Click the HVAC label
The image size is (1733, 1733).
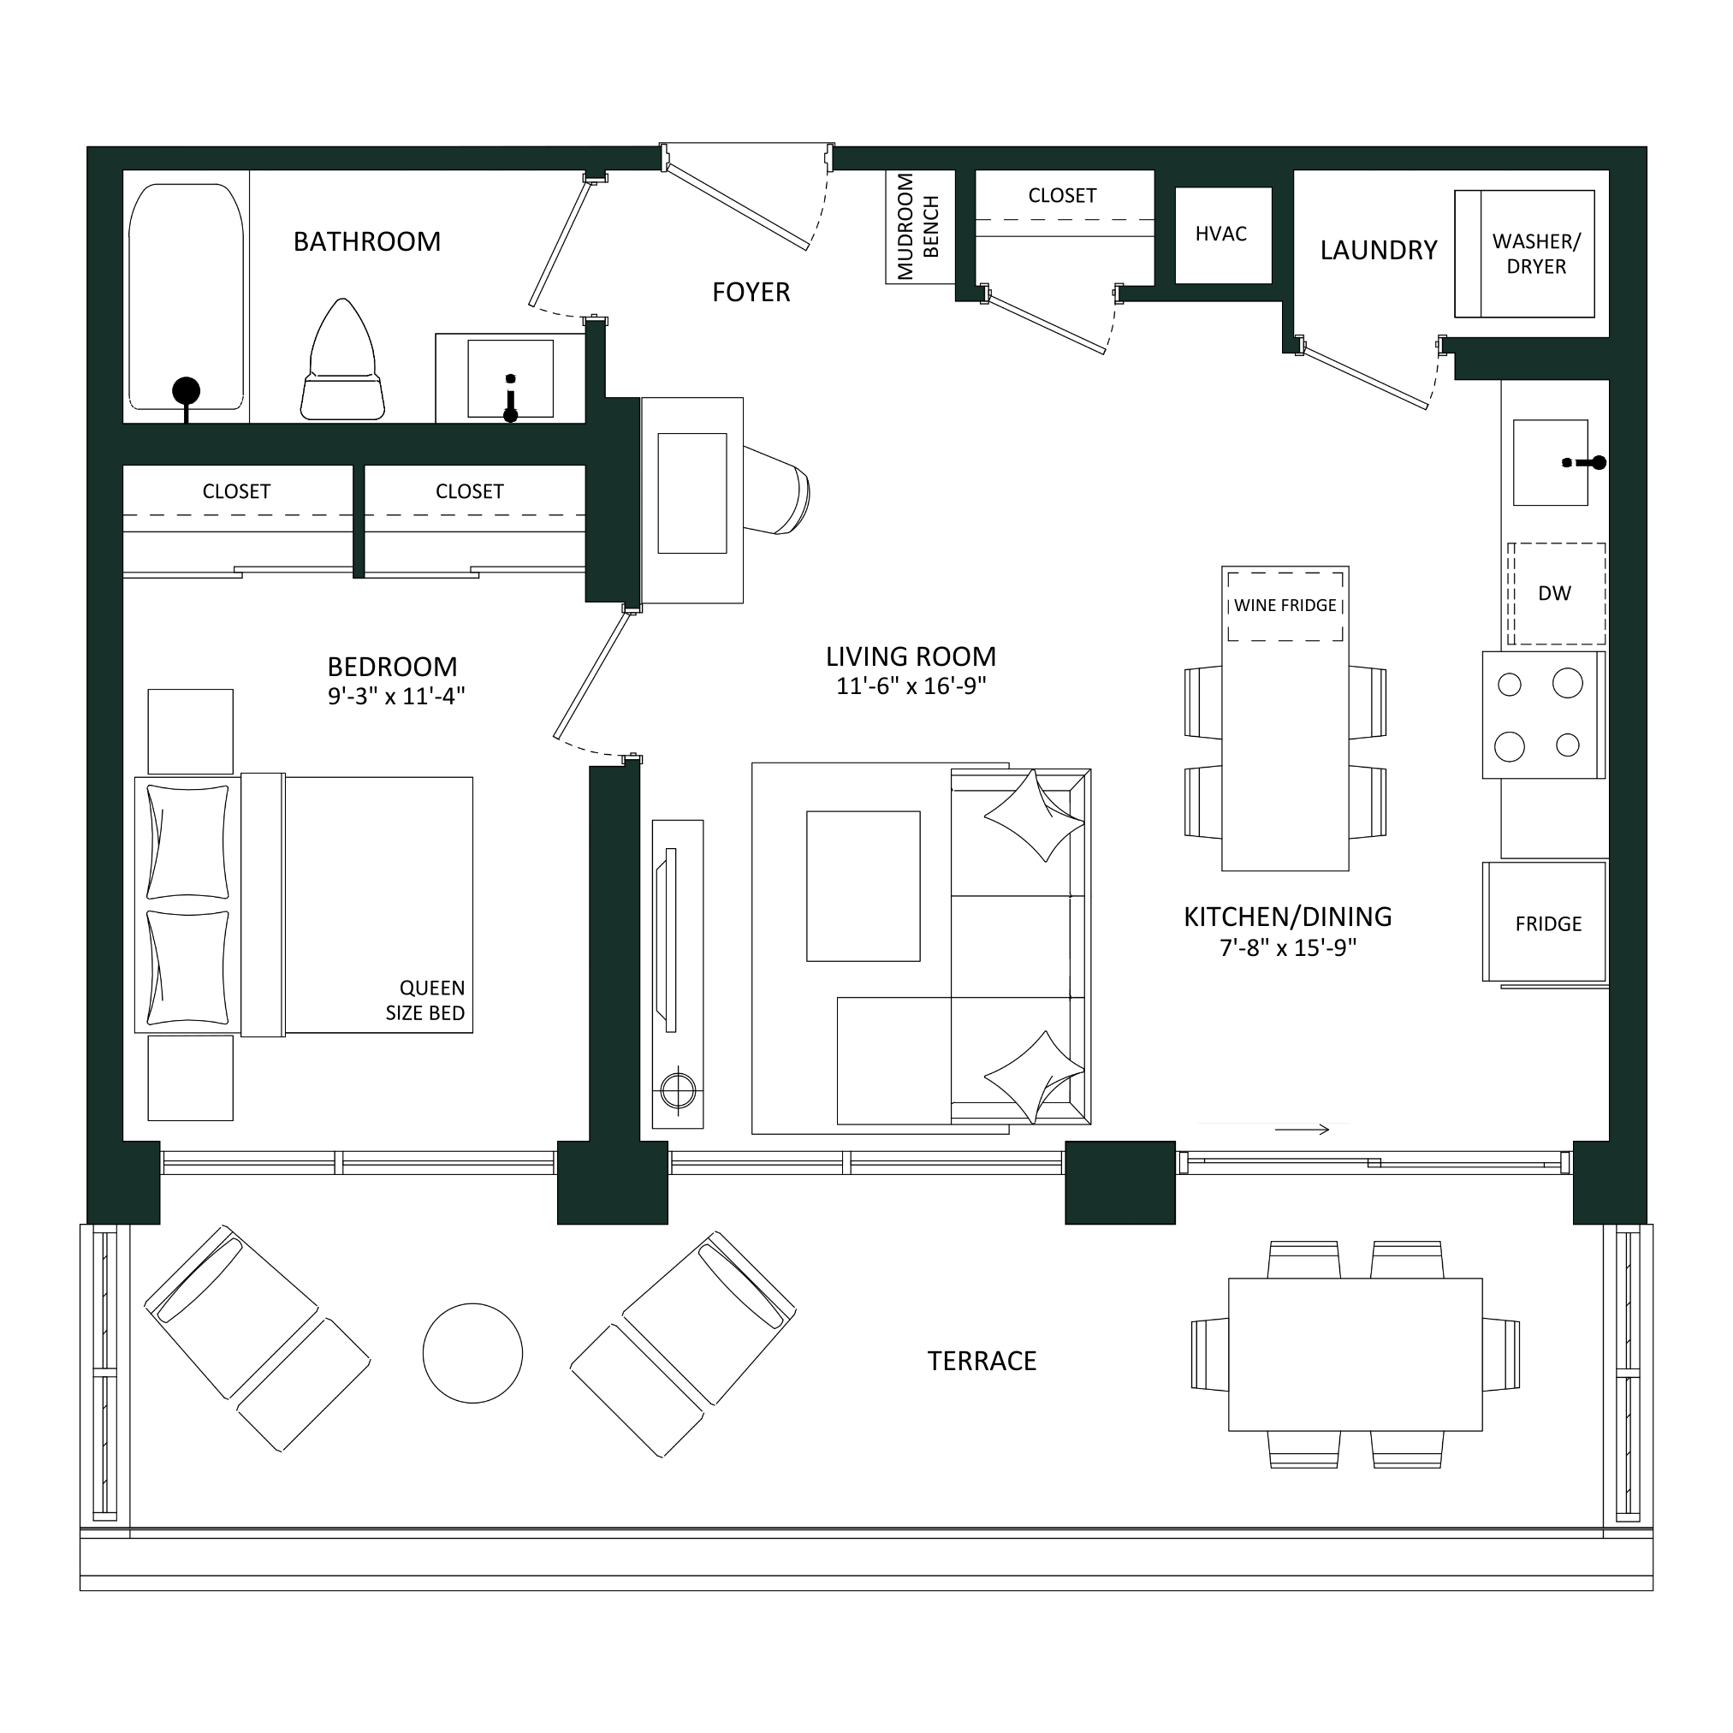click(x=1221, y=234)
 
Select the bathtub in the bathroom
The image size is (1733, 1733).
click(x=187, y=297)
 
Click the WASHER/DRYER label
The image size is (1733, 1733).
click(x=1535, y=254)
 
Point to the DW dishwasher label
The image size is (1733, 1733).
click(x=1554, y=594)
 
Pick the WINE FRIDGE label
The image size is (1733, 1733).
click(x=1285, y=605)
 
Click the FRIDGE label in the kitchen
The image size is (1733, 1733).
click(x=1548, y=924)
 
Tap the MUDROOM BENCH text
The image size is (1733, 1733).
click(x=917, y=227)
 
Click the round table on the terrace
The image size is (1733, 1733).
click(x=472, y=1353)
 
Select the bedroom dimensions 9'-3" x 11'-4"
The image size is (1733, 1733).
click(x=396, y=696)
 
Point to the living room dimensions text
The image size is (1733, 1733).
click(x=911, y=686)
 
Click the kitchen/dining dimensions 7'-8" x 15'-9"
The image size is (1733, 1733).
click(x=1288, y=948)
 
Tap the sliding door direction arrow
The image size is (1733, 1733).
click(x=1302, y=1131)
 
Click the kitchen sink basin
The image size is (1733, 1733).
click(x=1551, y=463)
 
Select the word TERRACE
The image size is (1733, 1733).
click(x=982, y=1362)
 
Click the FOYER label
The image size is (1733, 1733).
click(x=751, y=293)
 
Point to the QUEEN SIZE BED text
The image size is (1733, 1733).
click(x=425, y=1001)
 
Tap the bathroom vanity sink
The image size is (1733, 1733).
click(x=510, y=378)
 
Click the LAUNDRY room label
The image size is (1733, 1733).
click(x=1379, y=250)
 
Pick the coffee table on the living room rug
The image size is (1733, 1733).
click(x=863, y=887)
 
